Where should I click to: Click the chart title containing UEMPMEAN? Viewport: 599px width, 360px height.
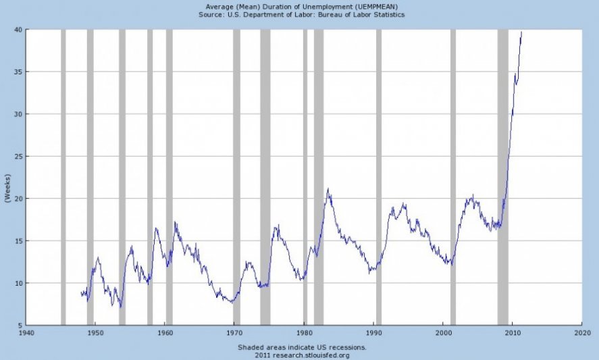302,7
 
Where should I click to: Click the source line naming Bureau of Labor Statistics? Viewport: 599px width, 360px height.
302,15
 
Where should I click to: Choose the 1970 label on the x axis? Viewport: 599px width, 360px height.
234,334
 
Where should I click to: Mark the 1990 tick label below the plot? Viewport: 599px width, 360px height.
373,334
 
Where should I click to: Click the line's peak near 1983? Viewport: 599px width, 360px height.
328,189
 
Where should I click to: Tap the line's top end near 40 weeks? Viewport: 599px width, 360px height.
521,31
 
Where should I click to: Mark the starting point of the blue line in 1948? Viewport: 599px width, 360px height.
81,293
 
